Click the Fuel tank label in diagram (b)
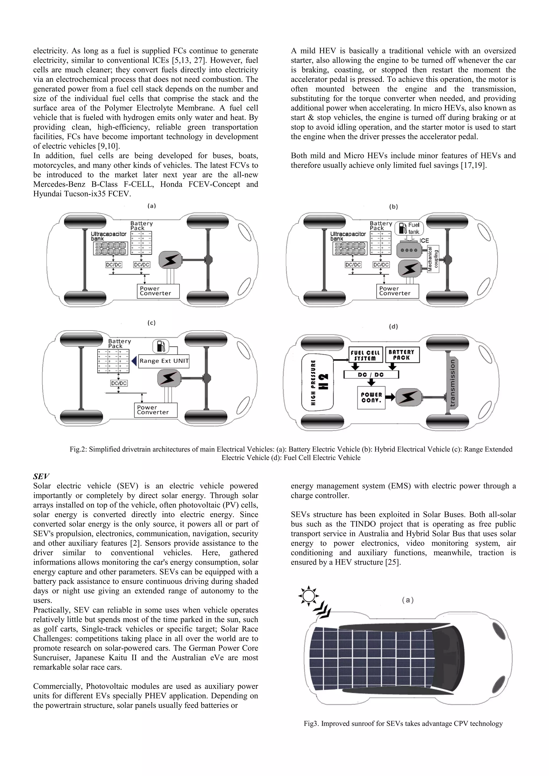(x=413, y=228)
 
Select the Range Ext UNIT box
(x=164, y=361)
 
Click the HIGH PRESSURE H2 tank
(x=317, y=382)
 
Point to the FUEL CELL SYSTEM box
(x=365, y=355)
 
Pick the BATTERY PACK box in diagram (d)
(x=402, y=355)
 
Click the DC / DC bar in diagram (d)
(x=371, y=375)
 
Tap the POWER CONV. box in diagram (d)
(x=371, y=398)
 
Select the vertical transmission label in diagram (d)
(x=452, y=383)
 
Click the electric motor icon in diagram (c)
(x=168, y=378)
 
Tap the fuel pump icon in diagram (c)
(x=161, y=346)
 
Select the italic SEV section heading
(x=41, y=476)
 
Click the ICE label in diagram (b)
(x=424, y=240)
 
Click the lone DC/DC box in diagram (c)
(x=119, y=383)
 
